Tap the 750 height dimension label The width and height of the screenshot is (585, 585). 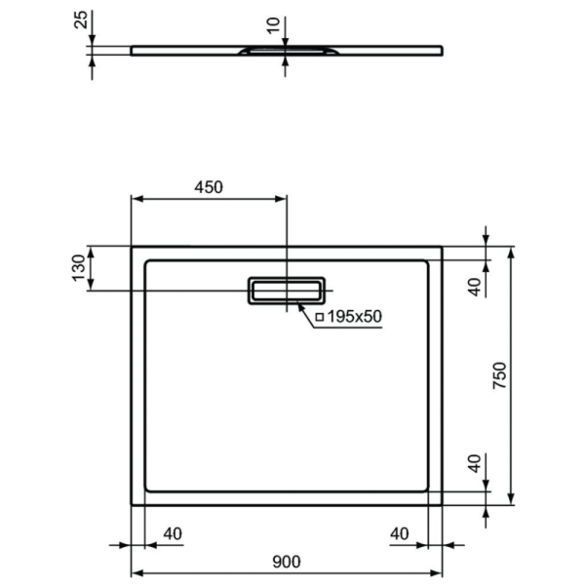[499, 376]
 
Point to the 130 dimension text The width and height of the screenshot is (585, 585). [79, 268]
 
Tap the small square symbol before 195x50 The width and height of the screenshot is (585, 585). [317, 317]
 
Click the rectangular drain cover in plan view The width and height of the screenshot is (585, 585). [287, 290]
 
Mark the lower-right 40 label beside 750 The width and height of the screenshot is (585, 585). [475, 464]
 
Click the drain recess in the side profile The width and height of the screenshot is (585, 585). [286, 48]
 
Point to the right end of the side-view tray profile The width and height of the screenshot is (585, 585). [441, 49]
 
